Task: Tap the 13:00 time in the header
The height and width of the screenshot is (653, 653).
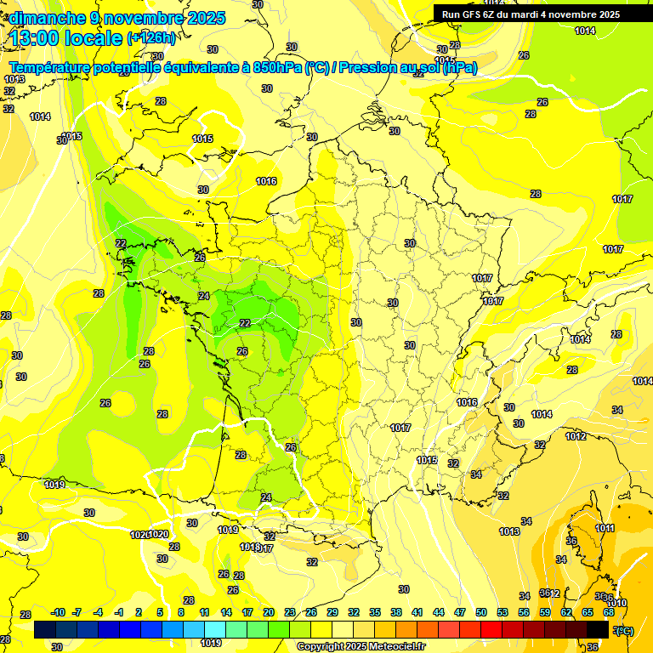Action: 42,38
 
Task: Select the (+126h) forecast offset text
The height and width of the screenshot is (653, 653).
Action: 151,38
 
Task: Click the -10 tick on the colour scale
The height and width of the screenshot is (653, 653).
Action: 58,612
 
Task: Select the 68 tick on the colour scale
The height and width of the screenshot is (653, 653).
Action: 609,612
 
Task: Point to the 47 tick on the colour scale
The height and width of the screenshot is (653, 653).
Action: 460,612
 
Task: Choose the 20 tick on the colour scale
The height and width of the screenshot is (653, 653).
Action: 269,612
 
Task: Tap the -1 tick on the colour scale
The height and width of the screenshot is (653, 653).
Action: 120,612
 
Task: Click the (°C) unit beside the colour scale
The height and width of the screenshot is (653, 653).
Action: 624,630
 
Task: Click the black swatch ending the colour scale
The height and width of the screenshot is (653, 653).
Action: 598,629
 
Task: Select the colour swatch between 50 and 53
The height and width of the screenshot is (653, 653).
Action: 491,629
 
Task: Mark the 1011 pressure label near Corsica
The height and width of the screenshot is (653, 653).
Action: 605,528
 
